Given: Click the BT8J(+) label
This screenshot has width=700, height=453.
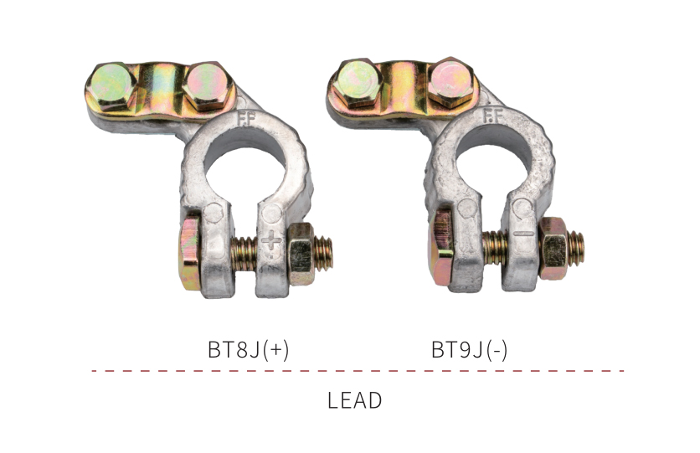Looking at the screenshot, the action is (x=248, y=349).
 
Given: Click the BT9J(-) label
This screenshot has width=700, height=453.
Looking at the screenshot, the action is (x=469, y=349).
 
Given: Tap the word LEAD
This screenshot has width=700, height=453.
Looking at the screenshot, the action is (x=354, y=400).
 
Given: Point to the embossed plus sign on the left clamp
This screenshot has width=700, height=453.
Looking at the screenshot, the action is (x=271, y=242).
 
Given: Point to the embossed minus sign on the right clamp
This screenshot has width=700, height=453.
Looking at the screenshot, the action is (x=523, y=233).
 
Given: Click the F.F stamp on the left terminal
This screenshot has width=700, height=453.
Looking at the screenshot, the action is (x=245, y=119).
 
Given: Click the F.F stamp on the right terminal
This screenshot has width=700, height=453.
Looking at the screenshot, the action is (x=493, y=116).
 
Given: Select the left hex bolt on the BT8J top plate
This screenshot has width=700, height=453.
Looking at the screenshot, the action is (x=111, y=85).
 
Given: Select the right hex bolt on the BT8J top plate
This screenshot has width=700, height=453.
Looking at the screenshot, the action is (x=207, y=85).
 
